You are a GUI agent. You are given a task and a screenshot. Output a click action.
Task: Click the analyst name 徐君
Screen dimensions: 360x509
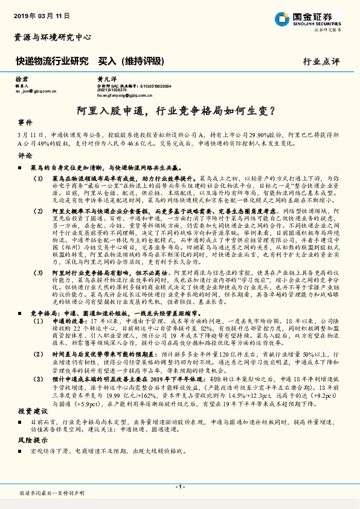[x=21, y=79]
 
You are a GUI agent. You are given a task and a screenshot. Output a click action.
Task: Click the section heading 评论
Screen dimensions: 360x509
[x=25, y=155]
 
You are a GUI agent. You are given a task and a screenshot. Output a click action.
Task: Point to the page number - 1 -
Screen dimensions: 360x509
[x=179, y=487]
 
